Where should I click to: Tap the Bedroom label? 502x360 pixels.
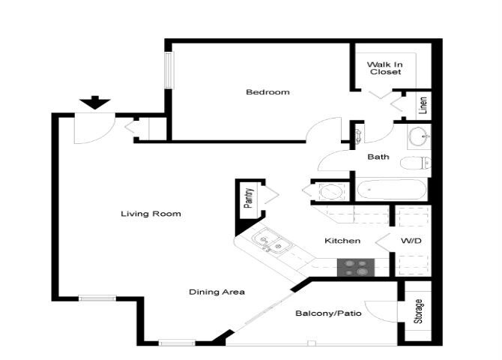267,92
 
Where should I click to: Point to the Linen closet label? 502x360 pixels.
422,105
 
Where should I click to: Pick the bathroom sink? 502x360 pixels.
418,136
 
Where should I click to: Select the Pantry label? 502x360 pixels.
249,200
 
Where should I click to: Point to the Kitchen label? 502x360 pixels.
342,241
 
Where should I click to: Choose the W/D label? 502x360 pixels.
410,241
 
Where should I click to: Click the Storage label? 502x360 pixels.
418,311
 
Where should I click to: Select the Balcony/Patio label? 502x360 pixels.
329,313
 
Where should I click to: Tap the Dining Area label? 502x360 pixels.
217,292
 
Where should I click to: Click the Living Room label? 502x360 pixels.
151,214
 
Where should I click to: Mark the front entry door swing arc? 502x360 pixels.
90,131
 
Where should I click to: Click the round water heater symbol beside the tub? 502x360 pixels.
330,190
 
